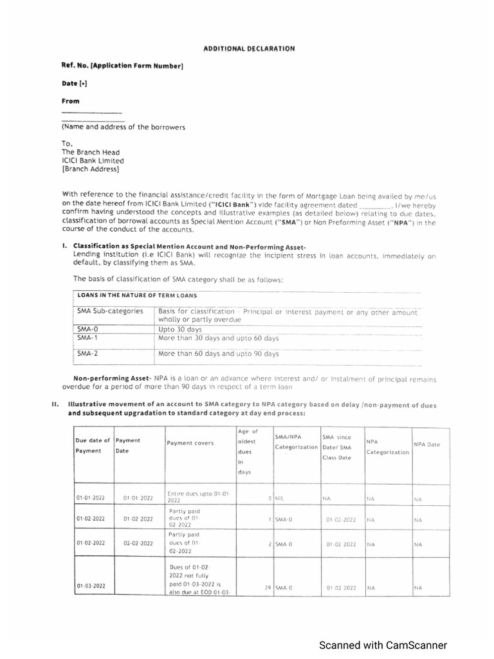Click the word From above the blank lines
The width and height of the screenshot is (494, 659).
click(x=71, y=101)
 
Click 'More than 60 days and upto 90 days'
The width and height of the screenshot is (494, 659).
click(x=218, y=353)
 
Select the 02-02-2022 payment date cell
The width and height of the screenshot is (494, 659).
click(x=138, y=544)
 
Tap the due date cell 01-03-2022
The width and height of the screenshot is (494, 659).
click(x=90, y=586)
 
